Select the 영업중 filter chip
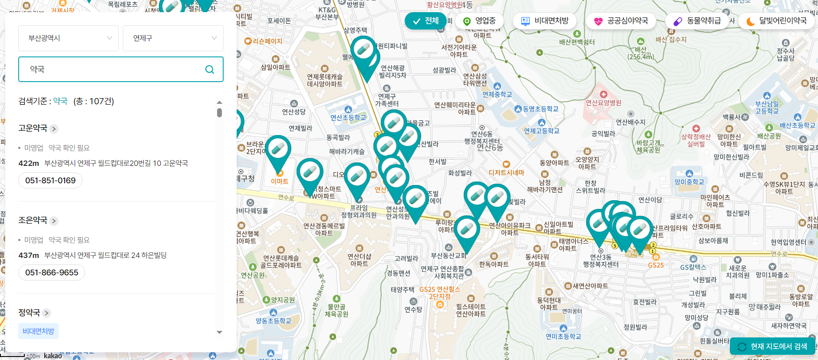click(x=479, y=21)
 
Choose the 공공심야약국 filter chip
click(x=621, y=21)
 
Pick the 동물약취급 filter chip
click(x=697, y=21)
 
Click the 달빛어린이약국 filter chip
click(x=776, y=21)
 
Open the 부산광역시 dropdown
click(x=68, y=38)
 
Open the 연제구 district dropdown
click(x=173, y=38)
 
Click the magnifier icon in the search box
click(x=210, y=69)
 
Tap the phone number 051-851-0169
click(x=50, y=181)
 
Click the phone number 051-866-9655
click(x=52, y=273)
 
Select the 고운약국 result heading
click(x=33, y=128)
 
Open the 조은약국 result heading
click(x=33, y=220)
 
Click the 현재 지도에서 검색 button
click(x=773, y=347)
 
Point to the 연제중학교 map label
click(x=497, y=94)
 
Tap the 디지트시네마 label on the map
click(x=506, y=172)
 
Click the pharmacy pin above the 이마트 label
click(x=278, y=150)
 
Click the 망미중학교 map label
click(x=689, y=182)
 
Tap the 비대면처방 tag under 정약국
click(x=38, y=331)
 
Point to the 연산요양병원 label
click(x=604, y=102)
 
